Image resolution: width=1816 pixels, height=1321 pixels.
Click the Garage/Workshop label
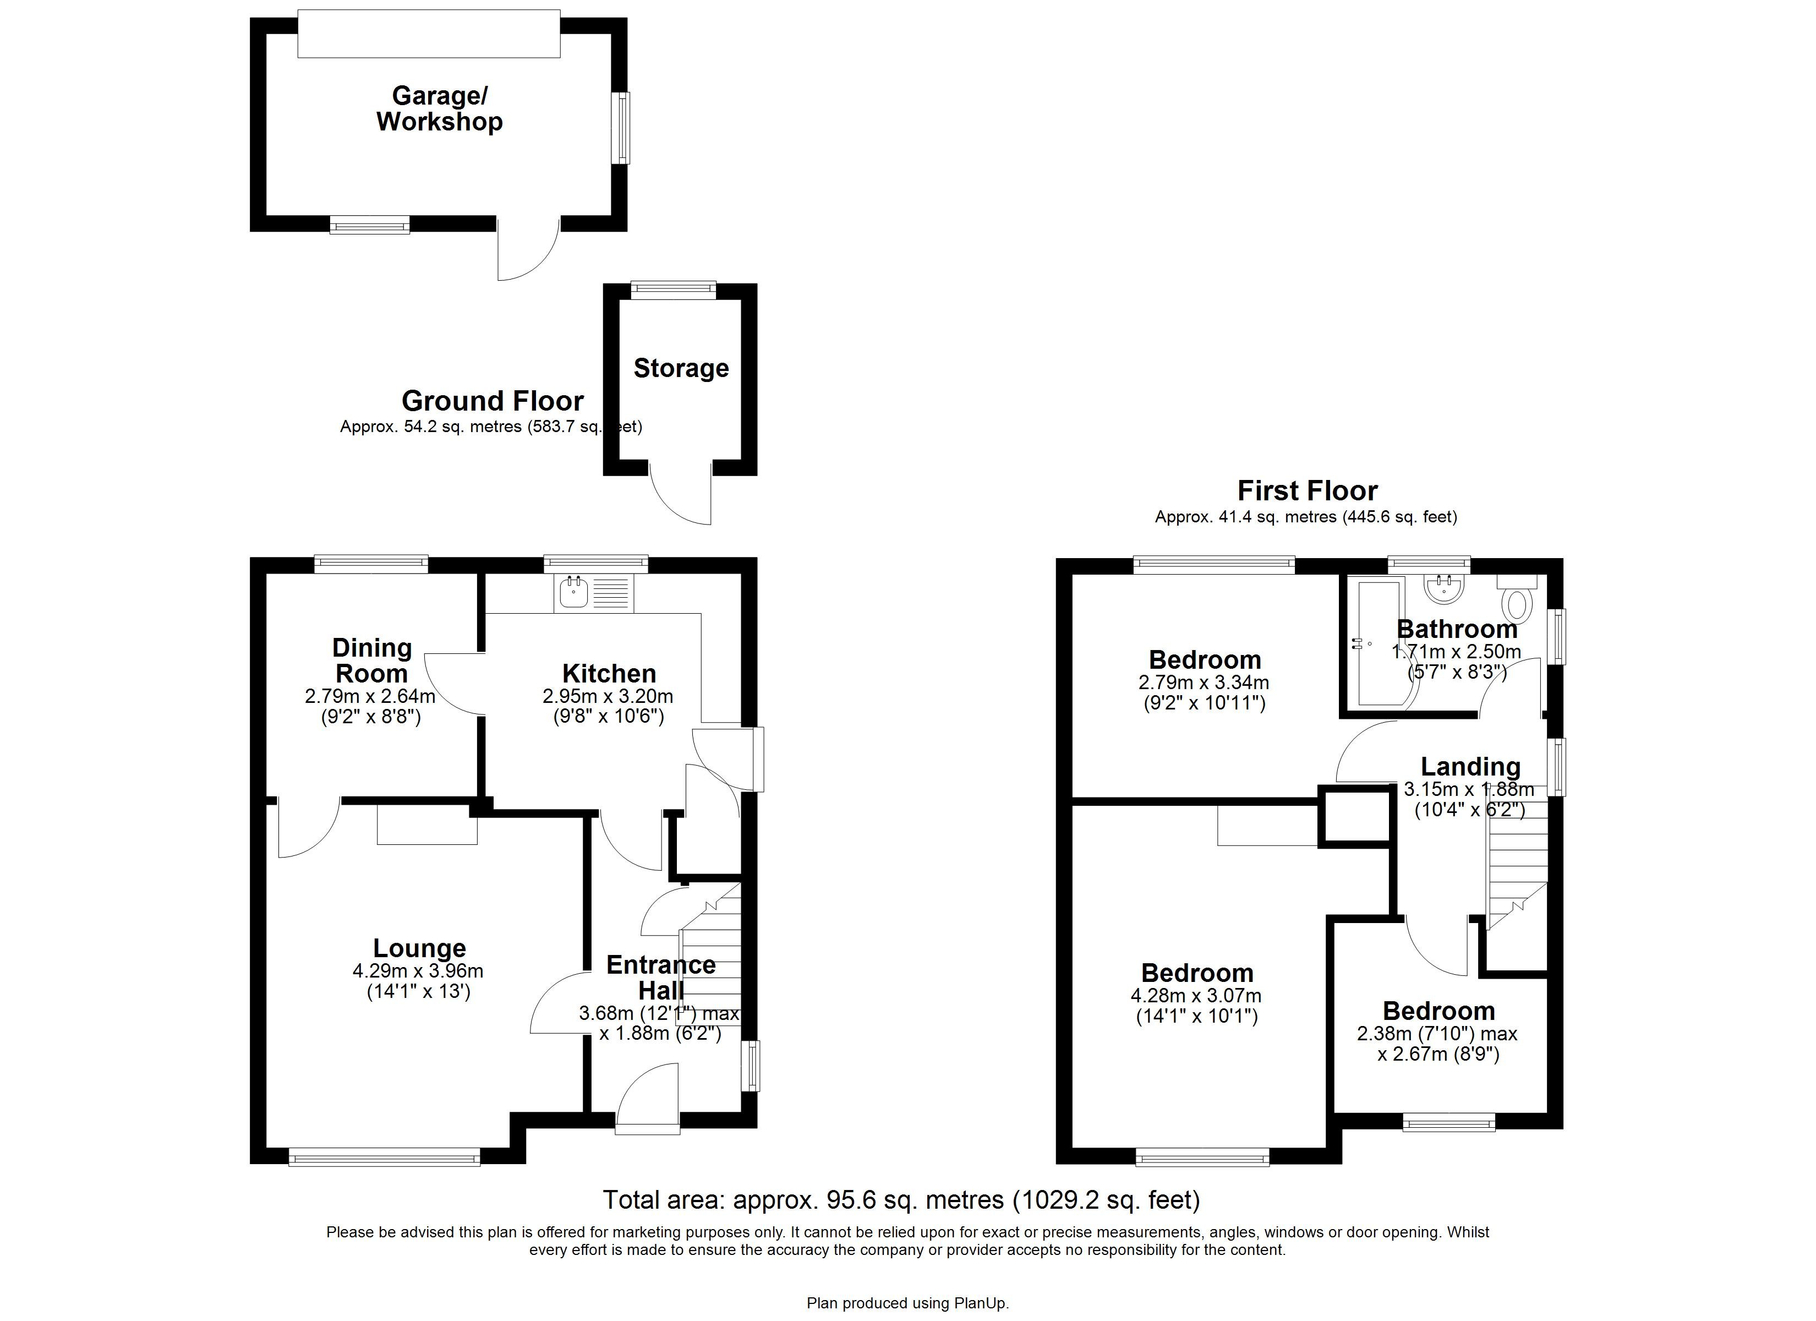pyautogui.click(x=440, y=109)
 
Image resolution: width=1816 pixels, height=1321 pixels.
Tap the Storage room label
pyautogui.click(x=681, y=368)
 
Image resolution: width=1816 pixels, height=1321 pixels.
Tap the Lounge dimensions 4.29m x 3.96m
pyautogui.click(x=418, y=971)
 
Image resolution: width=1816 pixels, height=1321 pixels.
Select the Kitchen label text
pyautogui.click(x=609, y=673)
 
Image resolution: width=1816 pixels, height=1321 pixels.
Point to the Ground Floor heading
pyautogui.click(x=493, y=401)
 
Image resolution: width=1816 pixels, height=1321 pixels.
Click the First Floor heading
pyautogui.click(x=1307, y=490)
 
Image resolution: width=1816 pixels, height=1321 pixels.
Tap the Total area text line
pyautogui.click(x=901, y=1200)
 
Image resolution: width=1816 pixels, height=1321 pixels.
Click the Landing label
pyautogui.click(x=1470, y=767)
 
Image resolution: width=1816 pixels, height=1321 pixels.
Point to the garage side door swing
pyautogui.click(x=527, y=252)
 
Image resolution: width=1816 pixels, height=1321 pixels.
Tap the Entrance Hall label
pyautogui.click(x=660, y=978)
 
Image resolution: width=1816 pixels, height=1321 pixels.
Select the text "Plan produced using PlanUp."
pyautogui.click(x=907, y=1303)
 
